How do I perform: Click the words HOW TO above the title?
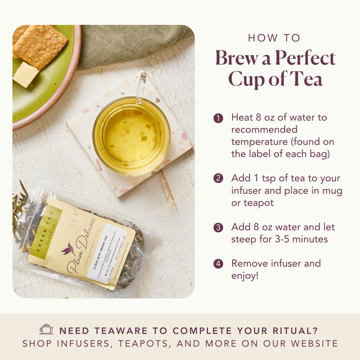pos(274,38)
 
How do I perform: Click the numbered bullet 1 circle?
pos(218,118)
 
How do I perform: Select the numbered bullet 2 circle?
pos(218,178)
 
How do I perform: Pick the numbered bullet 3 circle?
pos(218,228)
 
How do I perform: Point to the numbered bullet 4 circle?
pos(218,264)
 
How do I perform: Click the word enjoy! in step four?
pos(245,275)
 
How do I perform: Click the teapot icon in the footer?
pos(46,329)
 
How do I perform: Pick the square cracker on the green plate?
pos(40,46)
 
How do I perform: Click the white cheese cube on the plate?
pos(25,74)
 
